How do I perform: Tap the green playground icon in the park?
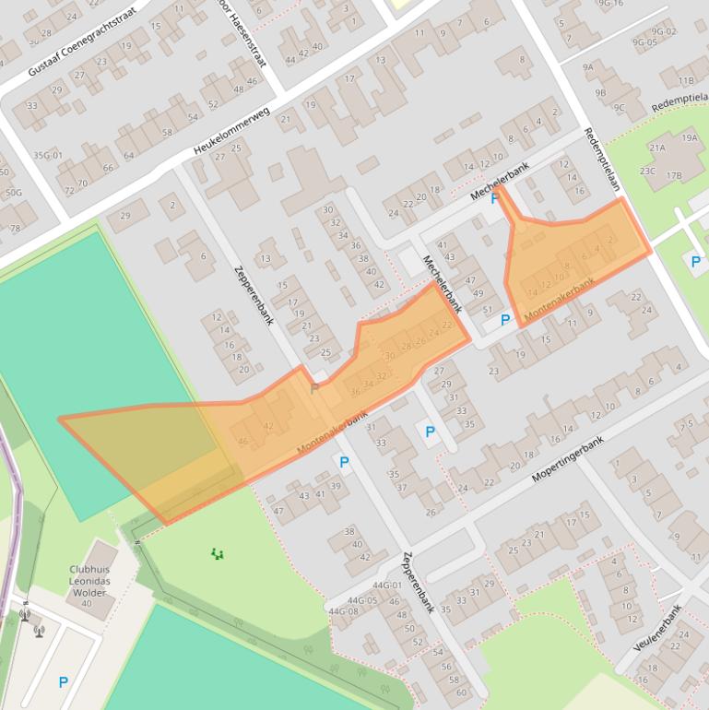[x=217, y=553]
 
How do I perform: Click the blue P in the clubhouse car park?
[x=63, y=682]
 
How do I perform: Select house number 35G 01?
[x=47, y=155]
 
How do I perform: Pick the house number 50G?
[x=13, y=193]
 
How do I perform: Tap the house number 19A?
[x=690, y=137]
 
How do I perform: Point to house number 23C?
[x=647, y=171]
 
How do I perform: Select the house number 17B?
[x=674, y=175]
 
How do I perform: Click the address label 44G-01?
[x=387, y=586]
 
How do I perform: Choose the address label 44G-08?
[x=343, y=611]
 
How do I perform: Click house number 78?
[x=14, y=228]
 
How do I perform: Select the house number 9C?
[x=619, y=108]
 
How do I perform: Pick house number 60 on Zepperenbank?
[x=461, y=692]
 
